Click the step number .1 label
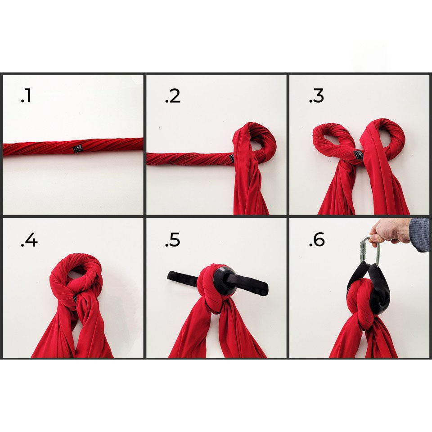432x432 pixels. pyautogui.click(x=26, y=96)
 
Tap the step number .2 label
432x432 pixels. pyautogui.click(x=173, y=96)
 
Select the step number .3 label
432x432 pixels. pyautogui.click(x=316, y=96)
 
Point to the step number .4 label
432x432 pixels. pyautogui.click(x=29, y=240)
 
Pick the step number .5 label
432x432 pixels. pyautogui.click(x=172, y=240)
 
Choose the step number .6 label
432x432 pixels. pyautogui.click(x=316, y=240)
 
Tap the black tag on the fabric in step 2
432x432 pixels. pyautogui.click(x=232, y=158)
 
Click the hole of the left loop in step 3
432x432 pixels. pyautogui.click(x=333, y=139)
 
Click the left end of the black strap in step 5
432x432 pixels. pyautogui.click(x=169, y=276)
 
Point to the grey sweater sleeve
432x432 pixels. pyautogui.click(x=420, y=234)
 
